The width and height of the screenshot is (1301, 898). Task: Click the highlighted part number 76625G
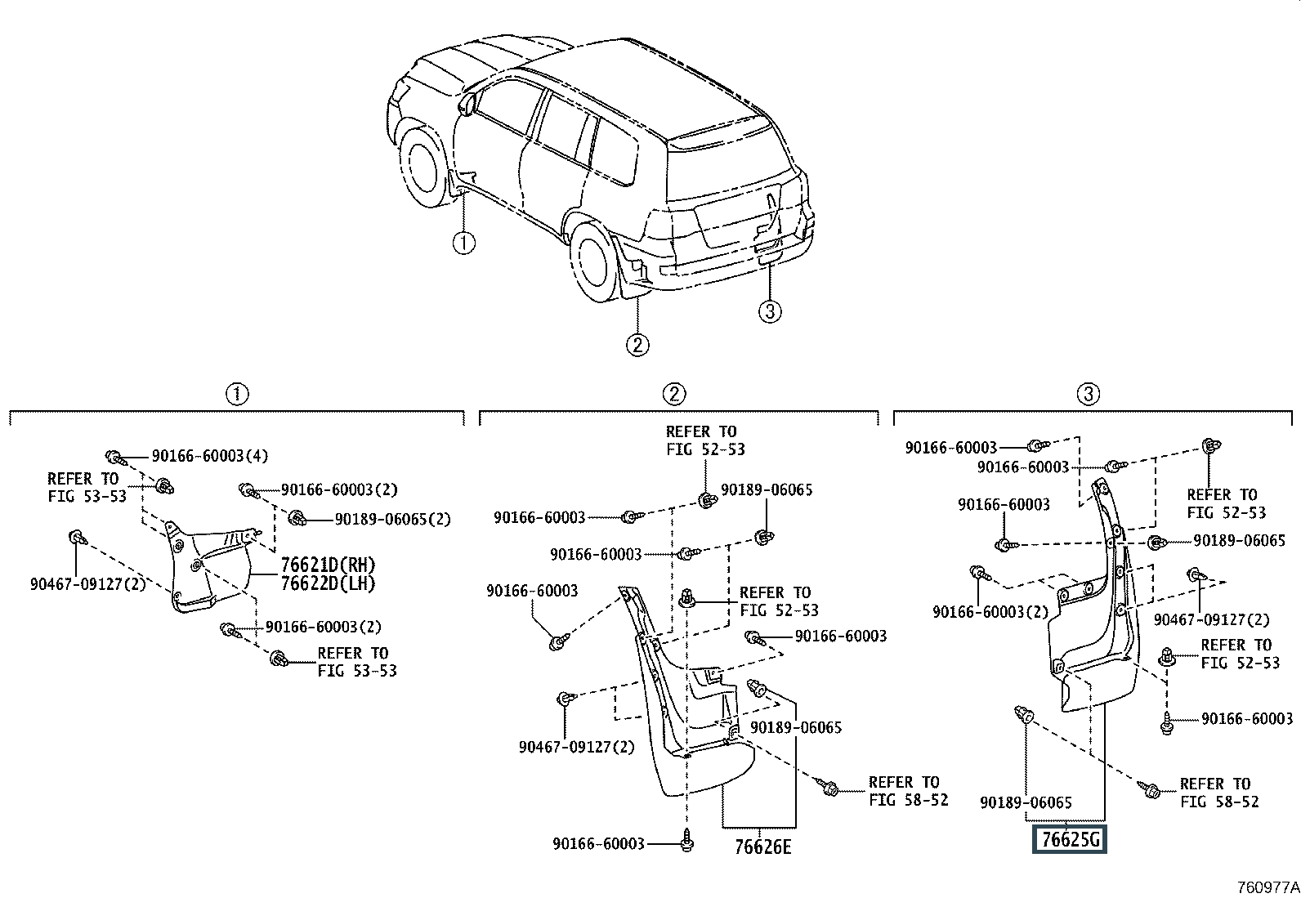1069,839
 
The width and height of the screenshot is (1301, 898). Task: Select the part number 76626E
762,847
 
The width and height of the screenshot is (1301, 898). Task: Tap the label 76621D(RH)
329,565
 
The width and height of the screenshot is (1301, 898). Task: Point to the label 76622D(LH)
329,583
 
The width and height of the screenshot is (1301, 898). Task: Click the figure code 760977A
1267,887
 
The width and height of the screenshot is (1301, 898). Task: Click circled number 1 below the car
463,243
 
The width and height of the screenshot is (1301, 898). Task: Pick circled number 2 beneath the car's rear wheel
637,345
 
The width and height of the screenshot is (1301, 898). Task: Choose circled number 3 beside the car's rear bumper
770,311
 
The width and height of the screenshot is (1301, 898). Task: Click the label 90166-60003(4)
210,456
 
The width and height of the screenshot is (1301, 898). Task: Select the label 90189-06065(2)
392,519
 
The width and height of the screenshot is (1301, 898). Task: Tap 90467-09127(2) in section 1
88,583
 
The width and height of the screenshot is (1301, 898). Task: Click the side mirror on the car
467,104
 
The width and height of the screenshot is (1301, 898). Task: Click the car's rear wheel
593,261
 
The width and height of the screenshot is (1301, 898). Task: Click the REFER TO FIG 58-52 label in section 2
909,791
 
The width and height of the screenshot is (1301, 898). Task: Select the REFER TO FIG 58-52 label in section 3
1219,793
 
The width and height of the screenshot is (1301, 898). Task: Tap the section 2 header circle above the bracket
673,395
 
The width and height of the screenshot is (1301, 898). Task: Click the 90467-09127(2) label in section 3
1212,619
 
